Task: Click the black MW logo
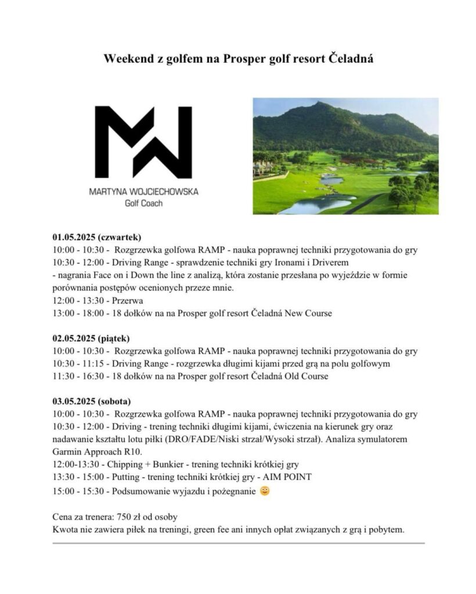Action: [x=143, y=142]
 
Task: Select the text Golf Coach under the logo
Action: [x=143, y=203]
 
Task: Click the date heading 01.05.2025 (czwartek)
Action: [x=97, y=237]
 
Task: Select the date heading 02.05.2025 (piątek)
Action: [x=91, y=338]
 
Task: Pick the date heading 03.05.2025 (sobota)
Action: [x=92, y=401]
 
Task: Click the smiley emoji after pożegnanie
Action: [x=265, y=491]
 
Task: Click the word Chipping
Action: [x=125, y=464]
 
